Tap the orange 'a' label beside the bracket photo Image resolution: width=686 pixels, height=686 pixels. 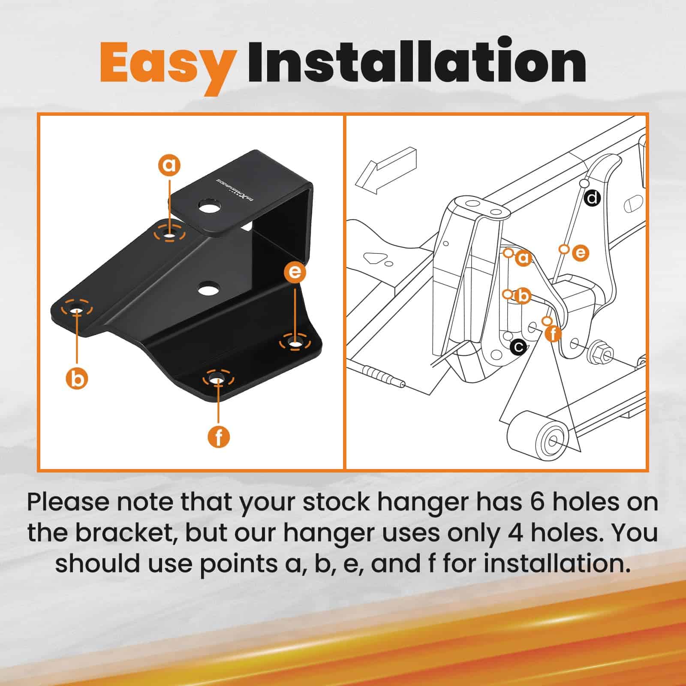170,165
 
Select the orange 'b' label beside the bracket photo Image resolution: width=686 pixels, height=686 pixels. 77,379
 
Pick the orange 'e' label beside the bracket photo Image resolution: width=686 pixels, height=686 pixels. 295,272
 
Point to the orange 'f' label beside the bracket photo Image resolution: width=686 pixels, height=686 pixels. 219,437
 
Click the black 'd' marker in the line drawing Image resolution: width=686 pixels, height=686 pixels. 593,198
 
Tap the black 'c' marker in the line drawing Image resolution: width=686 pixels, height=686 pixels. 519,346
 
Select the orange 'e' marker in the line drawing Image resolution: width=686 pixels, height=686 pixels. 580,253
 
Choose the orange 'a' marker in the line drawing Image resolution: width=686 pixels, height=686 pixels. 523,258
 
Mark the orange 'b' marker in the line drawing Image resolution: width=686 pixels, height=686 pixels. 523,296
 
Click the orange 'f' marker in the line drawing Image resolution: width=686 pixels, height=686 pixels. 553,333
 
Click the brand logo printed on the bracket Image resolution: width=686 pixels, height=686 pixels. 235,187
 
